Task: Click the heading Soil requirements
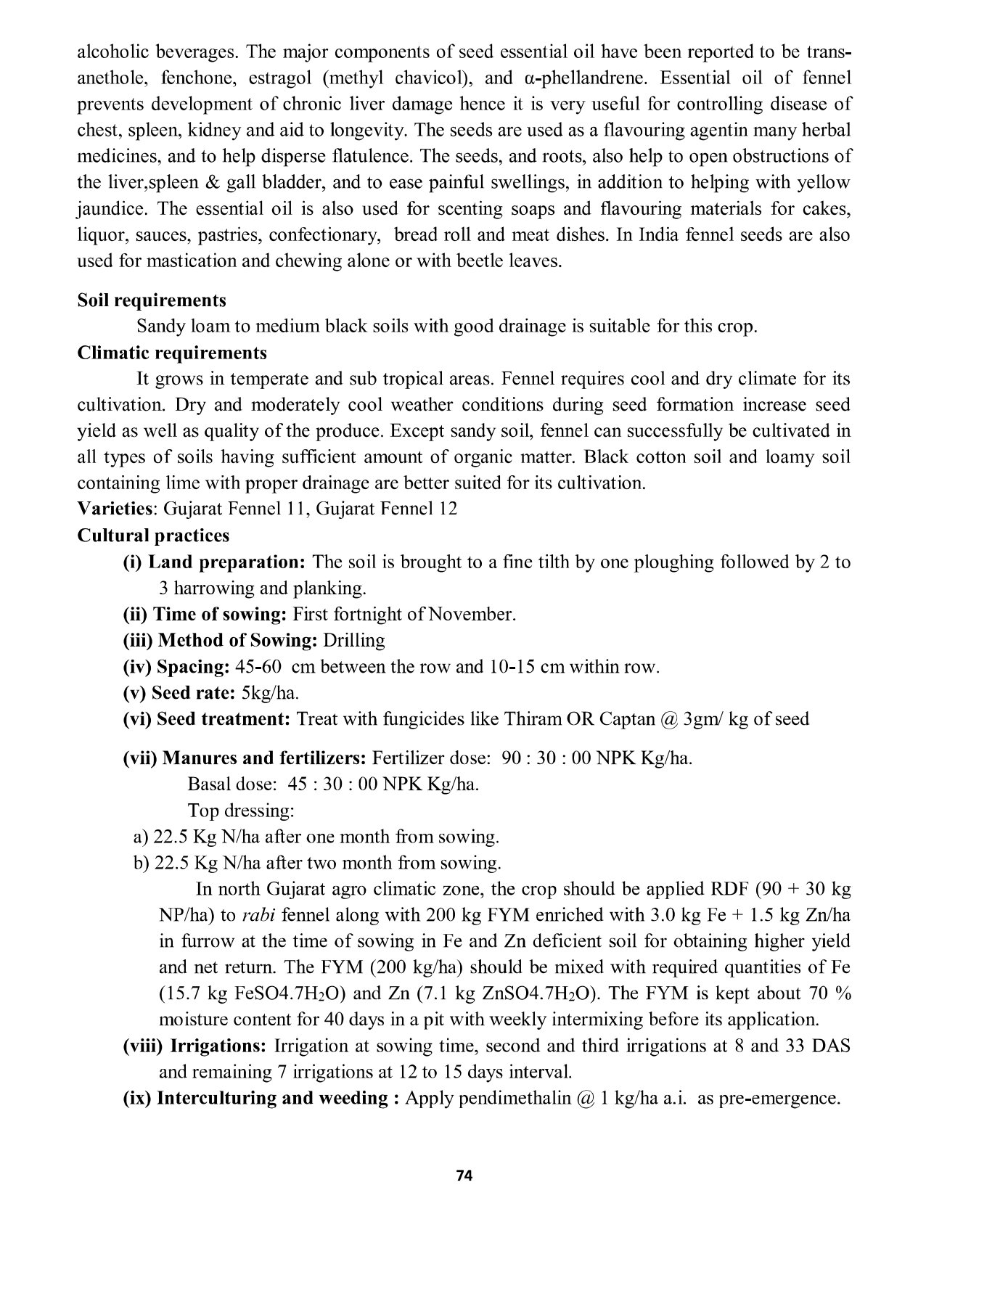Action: (x=152, y=300)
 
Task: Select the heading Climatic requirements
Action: (x=172, y=353)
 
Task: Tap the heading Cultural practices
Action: (x=153, y=536)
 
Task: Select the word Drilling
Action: (x=354, y=641)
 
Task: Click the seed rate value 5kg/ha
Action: (x=270, y=693)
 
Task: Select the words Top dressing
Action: (x=241, y=810)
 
